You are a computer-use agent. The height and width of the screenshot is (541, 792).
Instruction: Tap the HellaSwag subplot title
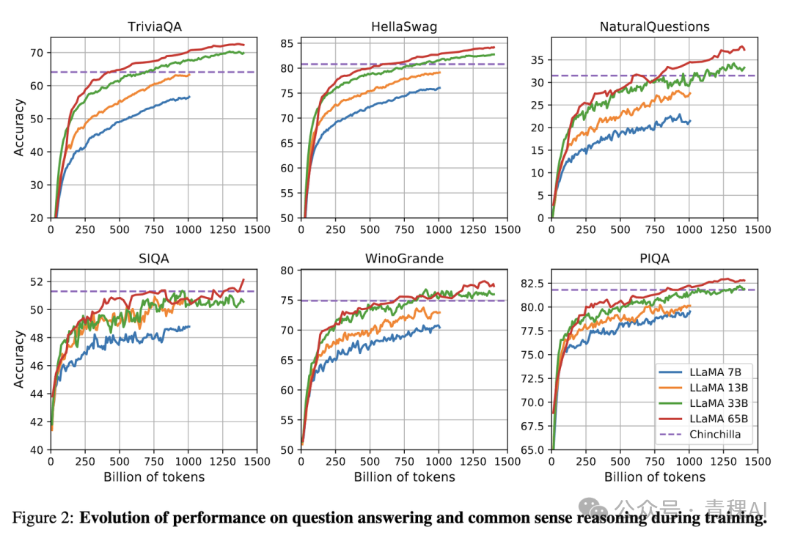404,27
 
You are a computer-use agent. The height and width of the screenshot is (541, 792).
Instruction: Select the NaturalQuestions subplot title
655,27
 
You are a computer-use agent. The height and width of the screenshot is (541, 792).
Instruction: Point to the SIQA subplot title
153,259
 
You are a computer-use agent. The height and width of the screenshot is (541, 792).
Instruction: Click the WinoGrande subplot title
404,259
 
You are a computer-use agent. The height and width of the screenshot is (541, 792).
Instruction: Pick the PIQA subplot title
655,259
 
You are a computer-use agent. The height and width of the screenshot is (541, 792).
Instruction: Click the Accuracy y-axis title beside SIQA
19,360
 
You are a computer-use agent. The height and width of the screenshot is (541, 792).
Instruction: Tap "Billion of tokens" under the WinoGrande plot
404,477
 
